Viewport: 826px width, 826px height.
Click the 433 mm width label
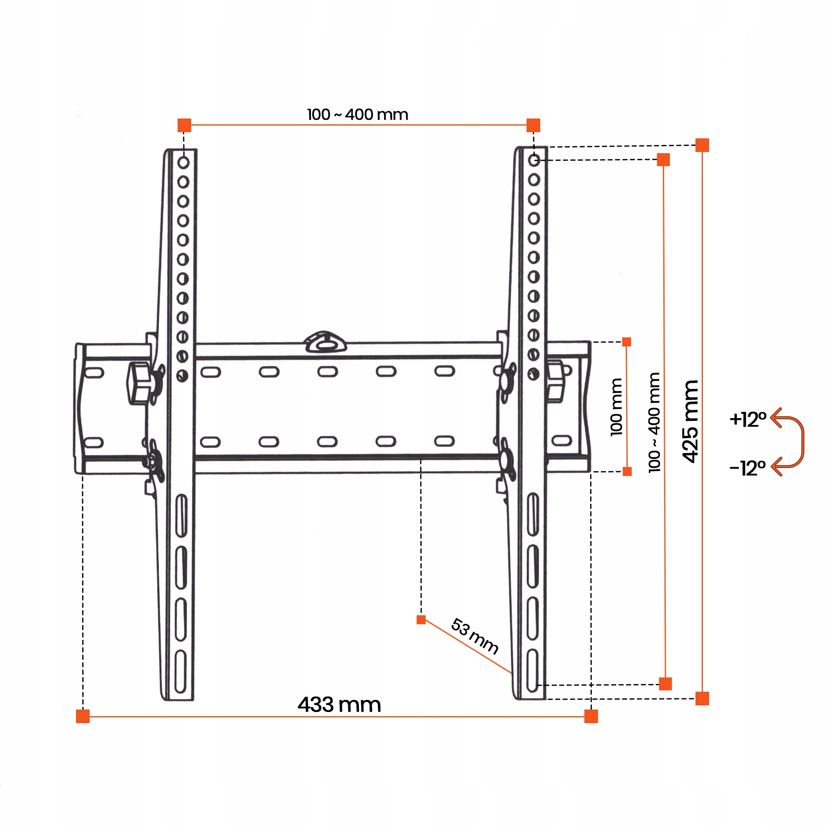tap(339, 705)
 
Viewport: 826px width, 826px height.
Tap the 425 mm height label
tap(690, 421)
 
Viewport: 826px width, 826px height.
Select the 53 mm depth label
tap(475, 636)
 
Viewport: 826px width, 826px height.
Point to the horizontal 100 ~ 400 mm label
tap(357, 114)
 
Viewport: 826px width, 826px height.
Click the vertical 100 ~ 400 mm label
tap(654, 422)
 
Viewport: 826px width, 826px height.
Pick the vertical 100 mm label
tap(616, 407)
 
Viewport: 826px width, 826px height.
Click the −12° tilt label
tap(748, 468)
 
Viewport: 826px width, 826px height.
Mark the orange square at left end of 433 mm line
tap(83, 717)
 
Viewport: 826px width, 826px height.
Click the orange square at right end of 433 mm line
tap(591, 717)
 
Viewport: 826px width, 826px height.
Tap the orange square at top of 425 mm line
tap(702, 145)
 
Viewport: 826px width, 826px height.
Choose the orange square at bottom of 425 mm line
tap(702, 699)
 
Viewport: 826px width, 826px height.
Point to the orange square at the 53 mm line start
tap(421, 620)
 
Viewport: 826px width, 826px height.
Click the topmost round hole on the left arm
tap(183, 162)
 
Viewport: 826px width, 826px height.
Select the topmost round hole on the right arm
tap(534, 160)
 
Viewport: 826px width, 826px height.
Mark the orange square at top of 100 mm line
tap(627, 342)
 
